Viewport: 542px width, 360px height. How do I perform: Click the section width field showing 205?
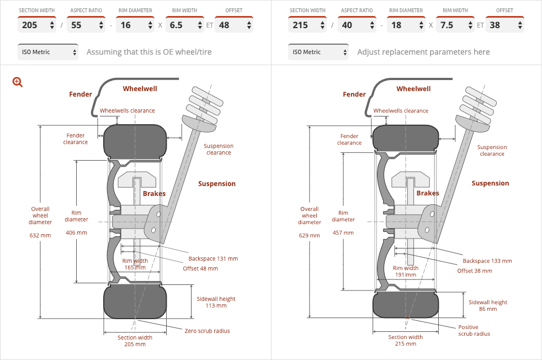[36, 25]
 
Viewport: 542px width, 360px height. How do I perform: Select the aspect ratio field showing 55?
[86, 25]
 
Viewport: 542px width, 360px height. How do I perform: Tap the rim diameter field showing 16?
[135, 25]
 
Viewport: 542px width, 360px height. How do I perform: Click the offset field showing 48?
[234, 25]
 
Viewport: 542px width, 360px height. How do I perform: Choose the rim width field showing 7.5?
[455, 25]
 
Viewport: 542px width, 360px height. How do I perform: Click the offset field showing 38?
[504, 25]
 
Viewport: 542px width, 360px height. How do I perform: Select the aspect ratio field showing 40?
[357, 25]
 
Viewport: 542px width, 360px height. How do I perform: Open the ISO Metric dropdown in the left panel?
[47, 52]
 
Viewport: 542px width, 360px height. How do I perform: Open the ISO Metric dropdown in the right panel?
[318, 52]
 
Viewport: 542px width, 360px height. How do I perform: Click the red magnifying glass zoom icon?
[18, 82]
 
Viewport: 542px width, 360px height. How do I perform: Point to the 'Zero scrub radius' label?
[207, 331]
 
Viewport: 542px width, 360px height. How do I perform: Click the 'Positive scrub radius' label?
[474, 330]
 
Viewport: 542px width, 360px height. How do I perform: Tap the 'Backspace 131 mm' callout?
[213, 258]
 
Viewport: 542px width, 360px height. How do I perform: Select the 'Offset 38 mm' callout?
[475, 271]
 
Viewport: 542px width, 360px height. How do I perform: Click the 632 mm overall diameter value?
[40, 236]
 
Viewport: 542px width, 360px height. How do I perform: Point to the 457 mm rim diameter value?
[343, 233]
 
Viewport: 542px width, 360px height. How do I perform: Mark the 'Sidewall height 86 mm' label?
[488, 305]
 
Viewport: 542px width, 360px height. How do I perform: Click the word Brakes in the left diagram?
[154, 194]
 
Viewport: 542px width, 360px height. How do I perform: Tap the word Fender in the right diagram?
[354, 94]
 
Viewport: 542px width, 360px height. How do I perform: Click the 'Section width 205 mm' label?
[135, 341]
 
